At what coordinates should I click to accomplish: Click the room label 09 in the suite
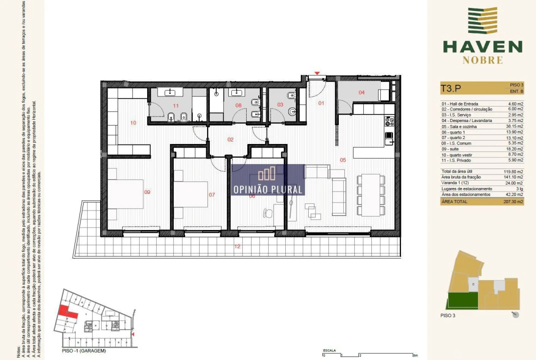coord(147,192)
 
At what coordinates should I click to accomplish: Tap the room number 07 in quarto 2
coord(212,194)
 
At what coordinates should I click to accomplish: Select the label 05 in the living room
coord(343,160)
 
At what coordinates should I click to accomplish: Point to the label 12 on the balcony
coord(237,246)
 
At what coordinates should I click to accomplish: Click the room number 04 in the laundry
coord(361,92)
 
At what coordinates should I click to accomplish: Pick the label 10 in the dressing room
coord(133,122)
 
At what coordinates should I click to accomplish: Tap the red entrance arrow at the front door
coord(316,74)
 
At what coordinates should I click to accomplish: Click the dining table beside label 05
coord(370,194)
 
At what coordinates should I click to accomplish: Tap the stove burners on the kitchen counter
coord(389,121)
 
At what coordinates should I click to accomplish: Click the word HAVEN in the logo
coord(482,47)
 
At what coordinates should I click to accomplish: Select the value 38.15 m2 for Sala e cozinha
coord(512,126)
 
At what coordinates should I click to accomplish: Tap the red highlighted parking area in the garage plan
coord(67,311)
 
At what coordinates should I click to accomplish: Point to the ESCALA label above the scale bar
coord(329,351)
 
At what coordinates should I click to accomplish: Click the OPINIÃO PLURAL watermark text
coord(268,189)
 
